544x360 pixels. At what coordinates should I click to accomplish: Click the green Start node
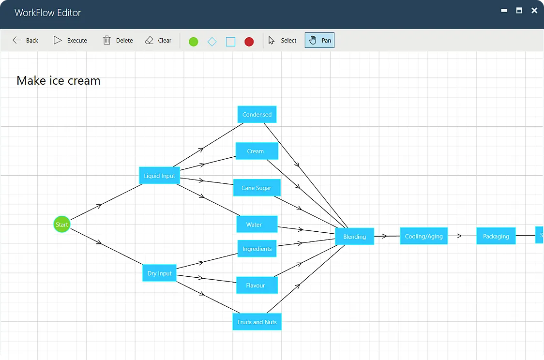[61, 225]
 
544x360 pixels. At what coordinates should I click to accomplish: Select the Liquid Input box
[159, 176]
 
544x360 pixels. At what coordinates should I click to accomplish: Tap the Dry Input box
[159, 273]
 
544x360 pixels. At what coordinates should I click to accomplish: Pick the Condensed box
[257, 115]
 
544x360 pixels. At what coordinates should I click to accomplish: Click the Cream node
[257, 151]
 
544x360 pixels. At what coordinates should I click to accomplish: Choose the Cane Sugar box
[257, 188]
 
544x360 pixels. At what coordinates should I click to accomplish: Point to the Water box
[257, 225]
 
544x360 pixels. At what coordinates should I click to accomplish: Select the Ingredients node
[257, 249]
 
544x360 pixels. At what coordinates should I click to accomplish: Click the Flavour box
[257, 285]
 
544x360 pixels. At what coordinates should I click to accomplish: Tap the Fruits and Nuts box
[257, 322]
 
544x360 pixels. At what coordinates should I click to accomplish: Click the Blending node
[354, 237]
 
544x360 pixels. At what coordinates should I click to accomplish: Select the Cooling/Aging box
[423, 236]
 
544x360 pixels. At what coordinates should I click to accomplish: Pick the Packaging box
[496, 236]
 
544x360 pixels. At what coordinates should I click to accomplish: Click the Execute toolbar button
[71, 41]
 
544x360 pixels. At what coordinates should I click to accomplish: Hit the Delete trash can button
[118, 41]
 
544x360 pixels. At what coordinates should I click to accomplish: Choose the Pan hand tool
[319, 41]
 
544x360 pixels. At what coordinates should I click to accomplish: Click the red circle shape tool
[249, 42]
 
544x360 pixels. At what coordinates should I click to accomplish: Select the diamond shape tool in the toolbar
[212, 42]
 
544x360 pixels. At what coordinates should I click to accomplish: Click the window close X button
[534, 11]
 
